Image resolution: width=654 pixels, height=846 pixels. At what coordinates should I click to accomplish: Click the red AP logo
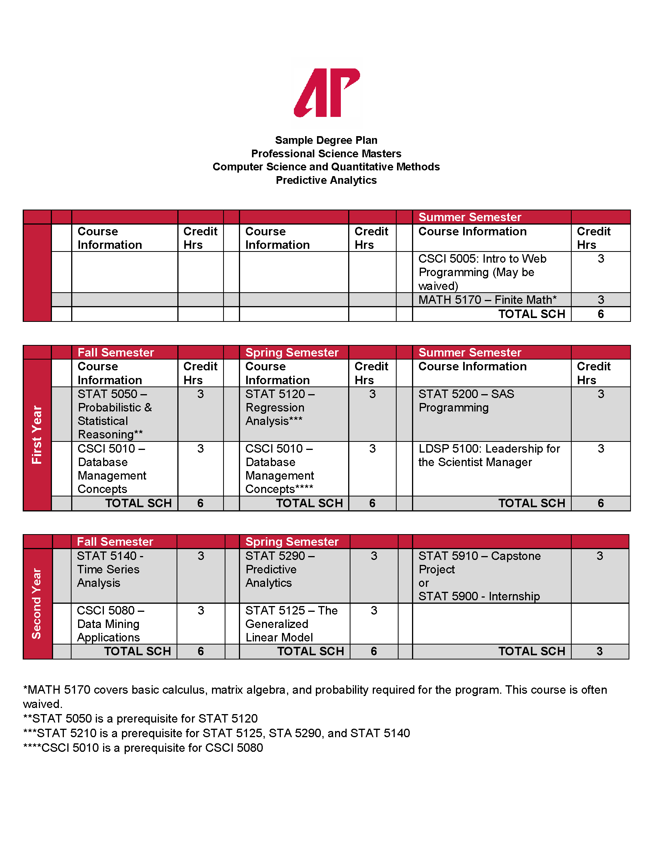(x=327, y=93)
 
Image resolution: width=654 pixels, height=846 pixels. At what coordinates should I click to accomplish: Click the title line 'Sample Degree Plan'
(x=326, y=140)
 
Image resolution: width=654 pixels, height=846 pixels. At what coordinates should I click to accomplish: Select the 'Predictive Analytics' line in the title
(x=326, y=180)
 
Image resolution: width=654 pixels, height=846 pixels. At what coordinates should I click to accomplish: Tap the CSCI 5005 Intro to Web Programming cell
(x=482, y=272)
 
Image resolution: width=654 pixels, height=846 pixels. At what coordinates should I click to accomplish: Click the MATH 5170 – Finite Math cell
(x=487, y=300)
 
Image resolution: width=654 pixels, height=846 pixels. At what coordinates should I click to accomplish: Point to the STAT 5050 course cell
(x=115, y=414)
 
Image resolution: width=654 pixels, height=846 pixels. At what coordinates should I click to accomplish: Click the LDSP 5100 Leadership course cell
(x=489, y=455)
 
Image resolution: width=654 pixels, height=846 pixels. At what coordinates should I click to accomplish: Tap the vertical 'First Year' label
(x=37, y=435)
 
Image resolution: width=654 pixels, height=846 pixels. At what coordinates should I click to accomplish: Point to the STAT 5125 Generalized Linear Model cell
(x=291, y=624)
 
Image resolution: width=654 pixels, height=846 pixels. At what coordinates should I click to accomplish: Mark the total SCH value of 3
(x=599, y=651)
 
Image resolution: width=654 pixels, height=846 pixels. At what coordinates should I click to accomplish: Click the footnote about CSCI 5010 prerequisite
(x=143, y=748)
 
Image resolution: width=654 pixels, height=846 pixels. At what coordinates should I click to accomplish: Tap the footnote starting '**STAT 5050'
(x=140, y=719)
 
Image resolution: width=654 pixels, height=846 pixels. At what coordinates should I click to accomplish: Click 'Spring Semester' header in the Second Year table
(x=292, y=541)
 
